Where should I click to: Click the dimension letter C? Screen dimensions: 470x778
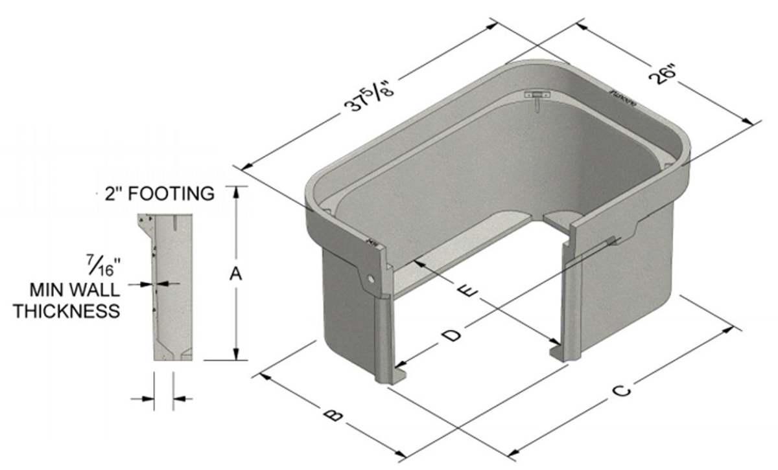(x=620, y=391)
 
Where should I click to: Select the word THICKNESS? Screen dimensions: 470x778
(x=67, y=311)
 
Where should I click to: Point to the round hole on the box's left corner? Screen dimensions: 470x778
(x=370, y=278)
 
